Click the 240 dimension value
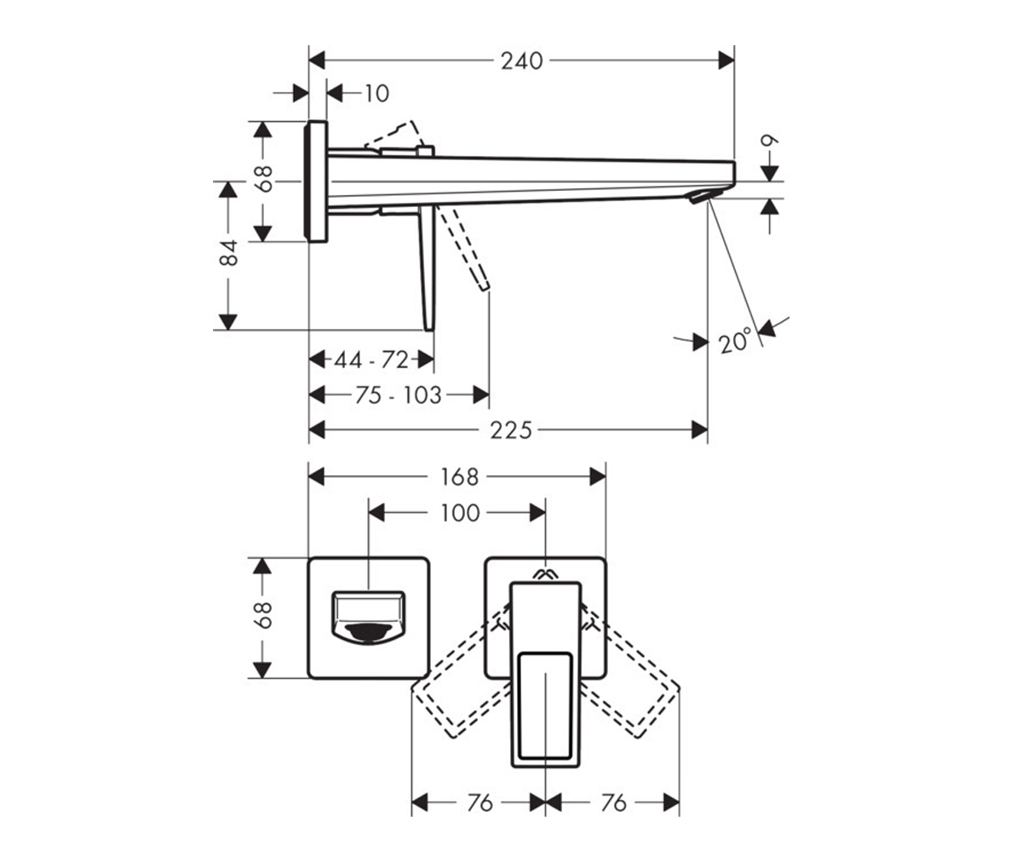tap(521, 61)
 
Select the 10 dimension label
tap(376, 93)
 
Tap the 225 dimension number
tap(510, 430)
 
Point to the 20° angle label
tap(735, 340)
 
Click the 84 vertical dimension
tap(228, 252)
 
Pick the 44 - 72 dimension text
tap(371, 360)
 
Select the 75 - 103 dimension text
tap(398, 394)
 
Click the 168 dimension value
tap(459, 477)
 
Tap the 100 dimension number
tap(460, 513)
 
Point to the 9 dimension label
tap(770, 141)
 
